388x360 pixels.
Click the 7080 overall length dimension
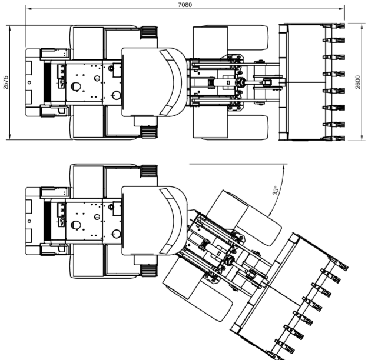coord(185,5)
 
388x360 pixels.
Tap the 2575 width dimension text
coord(6,82)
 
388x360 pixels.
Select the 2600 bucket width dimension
coord(358,82)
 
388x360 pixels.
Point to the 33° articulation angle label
coord(276,191)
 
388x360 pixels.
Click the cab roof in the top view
coord(154,82)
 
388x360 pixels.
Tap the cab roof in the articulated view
coord(154,221)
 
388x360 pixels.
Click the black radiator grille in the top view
coord(47,82)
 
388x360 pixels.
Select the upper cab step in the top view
coord(149,32)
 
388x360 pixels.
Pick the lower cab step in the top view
coord(149,132)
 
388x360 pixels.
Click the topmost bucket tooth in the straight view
coord(334,26)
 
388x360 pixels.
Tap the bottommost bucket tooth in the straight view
coord(334,138)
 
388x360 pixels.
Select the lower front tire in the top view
coord(231,126)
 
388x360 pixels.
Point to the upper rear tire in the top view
coord(104,42)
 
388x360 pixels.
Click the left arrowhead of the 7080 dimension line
coord(28,9)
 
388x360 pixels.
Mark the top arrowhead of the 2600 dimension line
coord(362,26)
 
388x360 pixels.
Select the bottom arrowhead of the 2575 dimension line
coord(9,137)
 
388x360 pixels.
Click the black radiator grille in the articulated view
coord(47,221)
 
